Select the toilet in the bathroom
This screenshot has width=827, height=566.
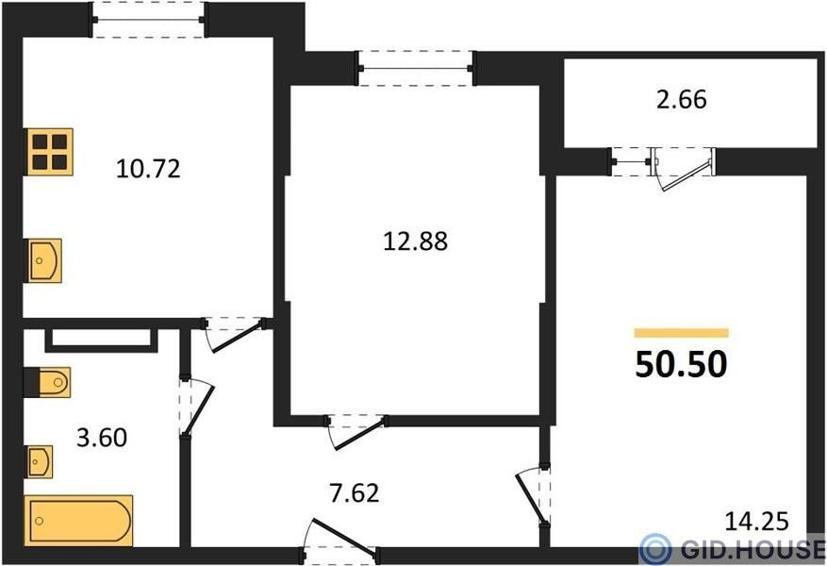pyautogui.click(x=47, y=382)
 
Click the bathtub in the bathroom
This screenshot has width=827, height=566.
pyautogui.click(x=78, y=520)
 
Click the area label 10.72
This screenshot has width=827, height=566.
pyautogui.click(x=148, y=169)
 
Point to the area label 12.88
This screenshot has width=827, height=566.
pyautogui.click(x=416, y=241)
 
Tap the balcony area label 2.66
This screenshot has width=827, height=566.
pyautogui.click(x=682, y=99)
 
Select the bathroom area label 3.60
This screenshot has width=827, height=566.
pyautogui.click(x=102, y=438)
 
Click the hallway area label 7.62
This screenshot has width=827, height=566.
pyautogui.click(x=355, y=493)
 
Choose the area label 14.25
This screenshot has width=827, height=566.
pyautogui.click(x=757, y=522)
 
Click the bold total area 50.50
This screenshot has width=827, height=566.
pyautogui.click(x=682, y=364)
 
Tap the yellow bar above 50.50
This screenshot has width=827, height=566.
pyautogui.click(x=682, y=332)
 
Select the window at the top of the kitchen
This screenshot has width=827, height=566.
pyautogui.click(x=149, y=20)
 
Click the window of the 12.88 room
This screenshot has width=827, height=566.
pyautogui.click(x=416, y=68)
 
